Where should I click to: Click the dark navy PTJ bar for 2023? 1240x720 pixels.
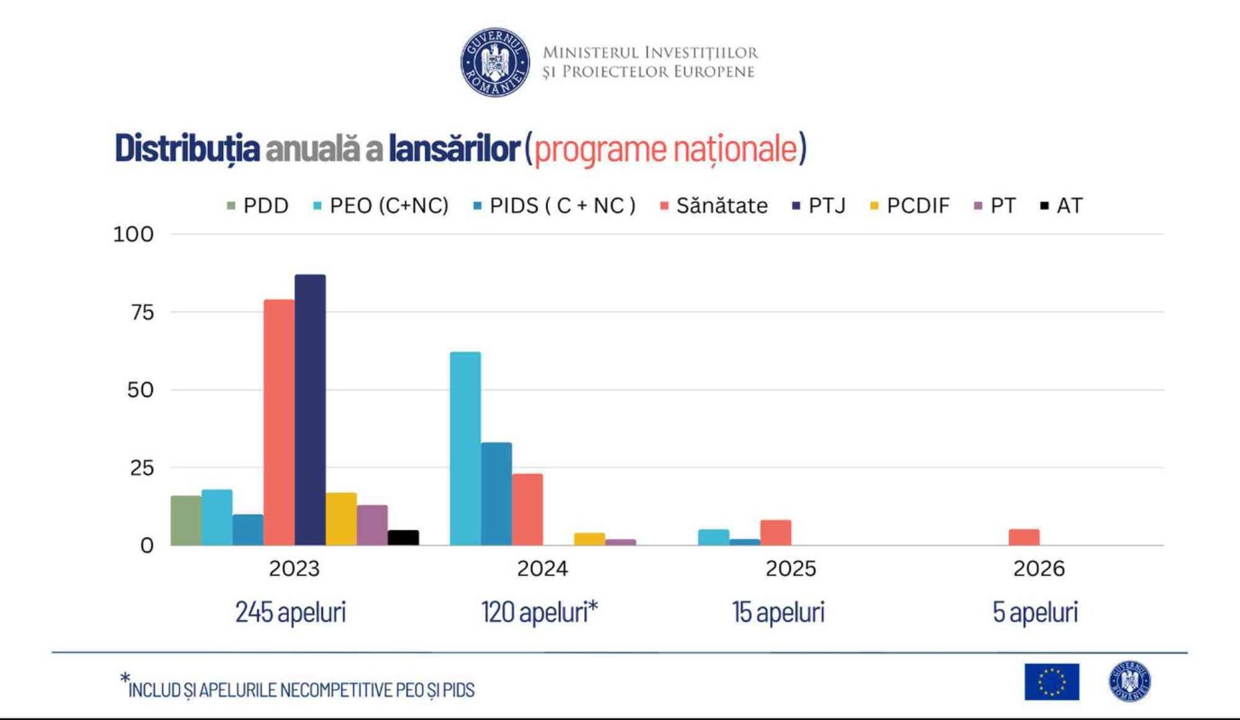310,409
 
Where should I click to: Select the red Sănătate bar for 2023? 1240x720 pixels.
279,422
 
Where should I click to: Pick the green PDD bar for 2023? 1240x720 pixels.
185,520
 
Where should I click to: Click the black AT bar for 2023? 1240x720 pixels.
403,537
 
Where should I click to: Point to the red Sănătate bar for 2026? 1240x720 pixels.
1024,537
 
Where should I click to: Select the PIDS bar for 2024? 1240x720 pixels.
496,494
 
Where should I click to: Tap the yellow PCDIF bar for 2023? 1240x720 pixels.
341,518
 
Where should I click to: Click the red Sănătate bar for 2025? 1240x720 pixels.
776,533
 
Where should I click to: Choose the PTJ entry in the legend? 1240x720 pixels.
817,206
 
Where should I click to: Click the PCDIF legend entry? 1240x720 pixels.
909,206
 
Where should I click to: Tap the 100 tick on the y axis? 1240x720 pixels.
133,234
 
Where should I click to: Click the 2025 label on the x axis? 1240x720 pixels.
790,569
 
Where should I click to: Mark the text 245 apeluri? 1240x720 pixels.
291,613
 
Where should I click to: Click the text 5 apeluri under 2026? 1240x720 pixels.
1035,613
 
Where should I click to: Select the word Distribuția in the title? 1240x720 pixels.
187,148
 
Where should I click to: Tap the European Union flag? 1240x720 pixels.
1051,681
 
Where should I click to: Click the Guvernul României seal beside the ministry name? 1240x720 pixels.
495,62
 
